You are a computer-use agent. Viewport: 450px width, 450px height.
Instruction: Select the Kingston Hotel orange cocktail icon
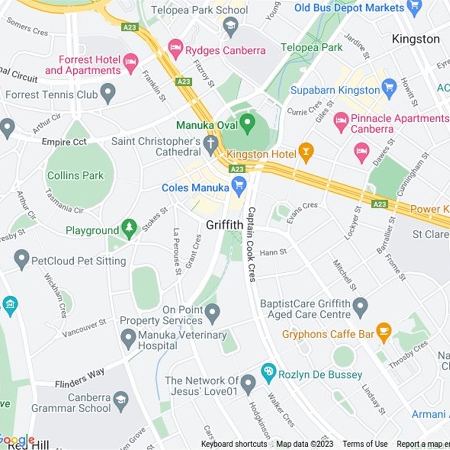tap(305, 152)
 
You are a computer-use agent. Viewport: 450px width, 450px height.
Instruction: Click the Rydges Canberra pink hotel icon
tap(176, 49)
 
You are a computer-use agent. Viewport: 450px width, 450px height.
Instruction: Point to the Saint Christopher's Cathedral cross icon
tap(210, 144)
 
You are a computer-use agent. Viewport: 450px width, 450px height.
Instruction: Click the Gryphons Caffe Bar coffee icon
tap(384, 332)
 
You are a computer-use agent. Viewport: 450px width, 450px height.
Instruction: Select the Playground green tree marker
tap(130, 229)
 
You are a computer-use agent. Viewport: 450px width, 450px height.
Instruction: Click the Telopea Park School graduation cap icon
tap(229, 25)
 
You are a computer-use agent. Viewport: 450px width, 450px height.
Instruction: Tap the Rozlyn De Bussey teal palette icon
tap(269, 372)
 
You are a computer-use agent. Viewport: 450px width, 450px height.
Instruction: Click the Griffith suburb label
tap(224, 225)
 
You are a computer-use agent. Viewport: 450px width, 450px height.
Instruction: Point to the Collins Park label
tap(75, 175)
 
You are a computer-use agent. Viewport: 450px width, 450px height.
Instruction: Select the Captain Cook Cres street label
tap(250, 245)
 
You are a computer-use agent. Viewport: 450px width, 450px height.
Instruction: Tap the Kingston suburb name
tap(416, 39)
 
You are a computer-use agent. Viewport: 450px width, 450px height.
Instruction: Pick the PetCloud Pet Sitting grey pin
tap(22, 259)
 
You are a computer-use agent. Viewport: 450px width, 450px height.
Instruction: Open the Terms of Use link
tap(364, 444)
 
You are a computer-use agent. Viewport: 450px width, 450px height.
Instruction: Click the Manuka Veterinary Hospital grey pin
tap(129, 339)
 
